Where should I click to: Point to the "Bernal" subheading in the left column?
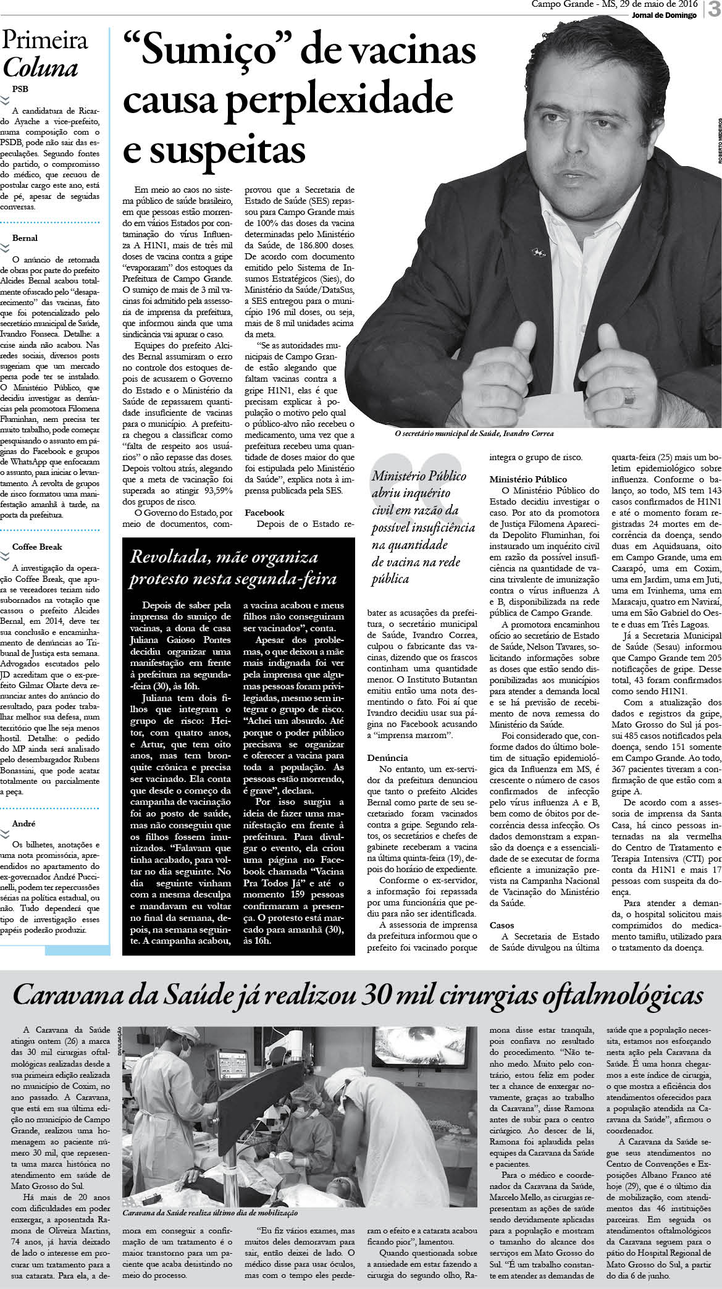(x=25, y=238)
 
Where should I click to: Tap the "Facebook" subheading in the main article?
(x=264, y=513)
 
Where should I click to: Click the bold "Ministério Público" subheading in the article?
(x=528, y=479)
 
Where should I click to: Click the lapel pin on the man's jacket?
(x=537, y=251)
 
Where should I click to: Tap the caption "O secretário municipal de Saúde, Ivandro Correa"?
(x=474, y=434)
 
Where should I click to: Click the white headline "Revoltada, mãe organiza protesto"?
(x=233, y=569)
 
